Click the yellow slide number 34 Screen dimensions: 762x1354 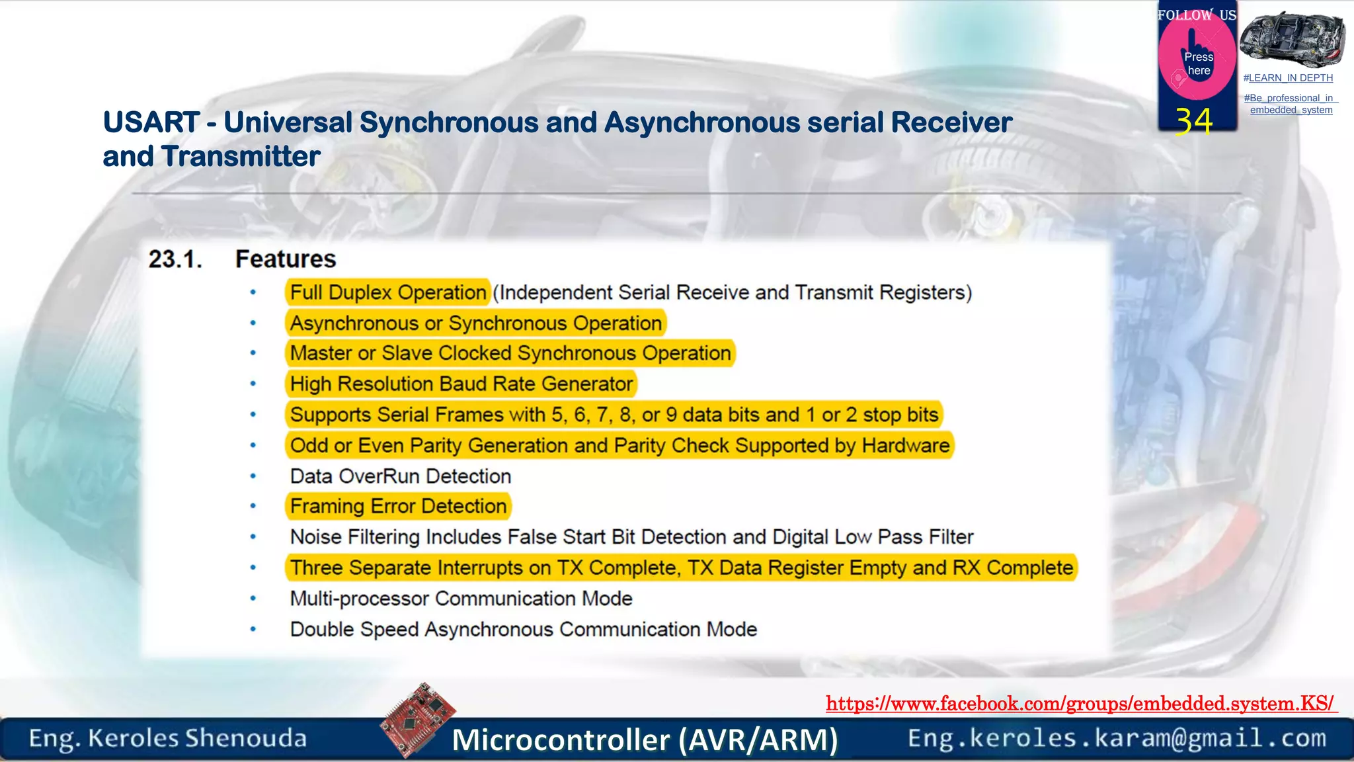[1194, 121]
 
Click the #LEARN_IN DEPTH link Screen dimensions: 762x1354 [1288, 78]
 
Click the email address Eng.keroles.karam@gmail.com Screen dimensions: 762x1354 [1117, 738]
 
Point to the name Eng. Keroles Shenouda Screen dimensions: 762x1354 [167, 738]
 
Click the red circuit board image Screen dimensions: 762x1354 [418, 720]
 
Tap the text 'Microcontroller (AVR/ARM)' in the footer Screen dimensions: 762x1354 [645, 740]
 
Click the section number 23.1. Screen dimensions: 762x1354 [175, 259]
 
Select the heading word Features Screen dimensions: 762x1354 [286, 259]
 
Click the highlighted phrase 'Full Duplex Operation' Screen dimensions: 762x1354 [388, 292]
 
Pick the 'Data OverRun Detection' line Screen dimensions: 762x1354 [401, 476]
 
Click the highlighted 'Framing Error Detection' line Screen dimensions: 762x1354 [398, 506]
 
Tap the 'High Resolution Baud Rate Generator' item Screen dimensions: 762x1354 [461, 384]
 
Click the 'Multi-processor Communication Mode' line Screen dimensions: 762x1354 [461, 599]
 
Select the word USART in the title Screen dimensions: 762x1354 [151, 122]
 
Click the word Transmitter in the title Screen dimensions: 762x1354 [241, 157]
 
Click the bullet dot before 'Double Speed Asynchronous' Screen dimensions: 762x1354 [253, 629]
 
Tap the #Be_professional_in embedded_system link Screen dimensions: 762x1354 [1291, 104]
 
